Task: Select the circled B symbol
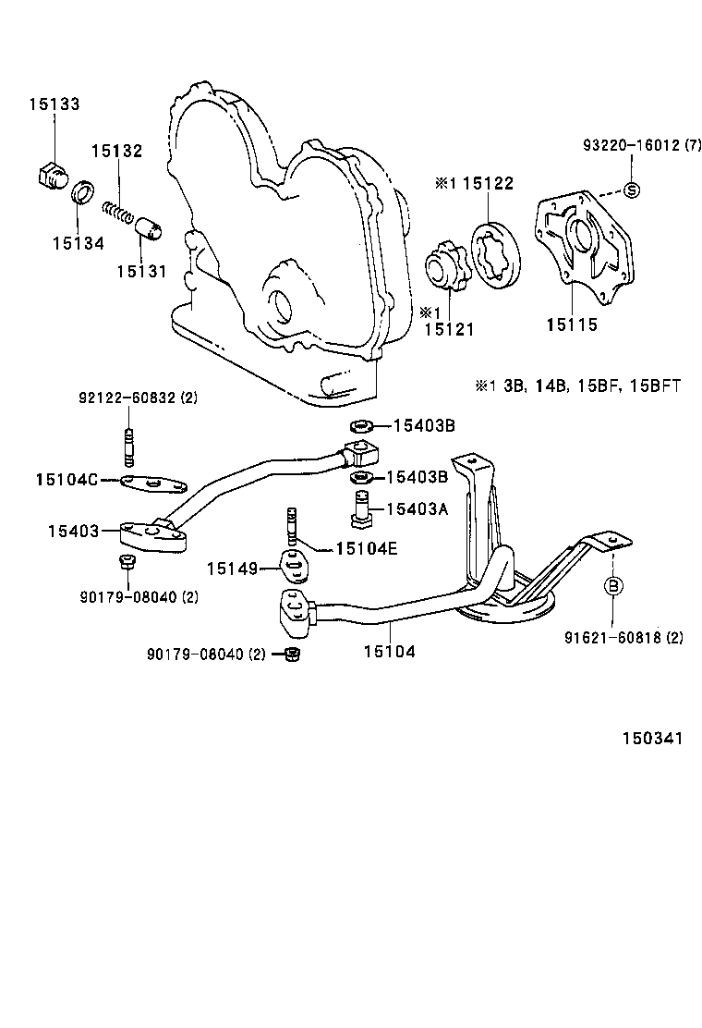pyautogui.click(x=613, y=585)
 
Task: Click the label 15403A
pyautogui.click(x=417, y=508)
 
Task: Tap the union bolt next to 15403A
pyautogui.click(x=363, y=508)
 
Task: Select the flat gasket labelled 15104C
pyautogui.click(x=153, y=483)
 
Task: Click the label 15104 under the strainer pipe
pyautogui.click(x=389, y=652)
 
